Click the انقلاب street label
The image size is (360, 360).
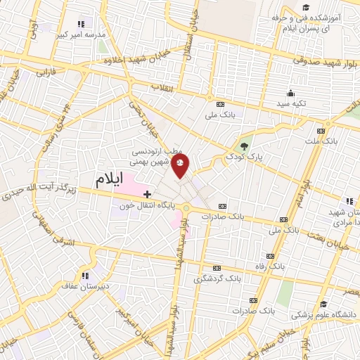[x=162, y=87]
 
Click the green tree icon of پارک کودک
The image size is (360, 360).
[x=244, y=146]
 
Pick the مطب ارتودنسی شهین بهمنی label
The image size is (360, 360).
[x=158, y=156]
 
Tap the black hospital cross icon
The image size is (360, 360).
[x=147, y=193]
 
